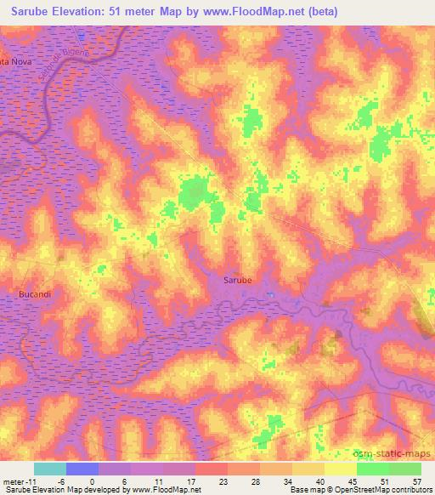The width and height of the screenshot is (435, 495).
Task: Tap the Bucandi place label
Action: click(34, 293)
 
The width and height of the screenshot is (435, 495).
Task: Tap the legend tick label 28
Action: click(254, 481)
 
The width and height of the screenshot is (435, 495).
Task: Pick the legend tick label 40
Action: click(319, 481)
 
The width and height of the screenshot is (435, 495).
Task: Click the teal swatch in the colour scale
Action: click(49, 469)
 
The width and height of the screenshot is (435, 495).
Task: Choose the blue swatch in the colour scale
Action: click(82, 469)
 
